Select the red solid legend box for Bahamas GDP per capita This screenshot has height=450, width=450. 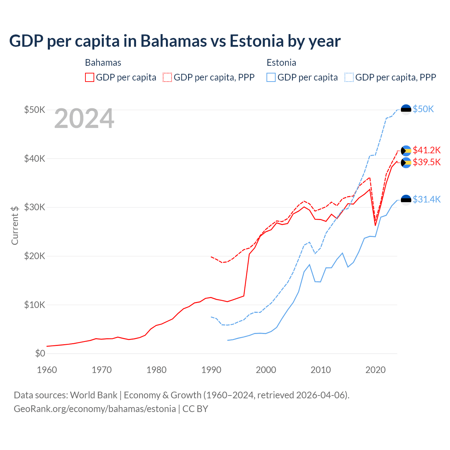pos(90,77)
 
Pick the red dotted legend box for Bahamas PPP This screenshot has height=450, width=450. pos(167,77)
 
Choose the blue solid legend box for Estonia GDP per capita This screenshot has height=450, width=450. pos(271,77)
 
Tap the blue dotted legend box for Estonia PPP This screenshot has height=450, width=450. pos(349,77)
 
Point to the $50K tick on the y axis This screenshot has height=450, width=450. pos(34,110)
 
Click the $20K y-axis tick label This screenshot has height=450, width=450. pos(34,256)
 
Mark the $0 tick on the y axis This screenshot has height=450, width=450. pos(40,353)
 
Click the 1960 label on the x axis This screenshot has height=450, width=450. pos(47,370)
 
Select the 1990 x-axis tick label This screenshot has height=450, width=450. pos(211,370)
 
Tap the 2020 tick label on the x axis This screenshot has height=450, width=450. pos(375,370)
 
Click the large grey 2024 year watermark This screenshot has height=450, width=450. pos(84,119)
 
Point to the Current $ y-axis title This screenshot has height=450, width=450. pos(15,225)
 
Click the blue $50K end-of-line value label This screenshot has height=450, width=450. pos(423,109)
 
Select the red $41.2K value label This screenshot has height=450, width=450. pos(426,150)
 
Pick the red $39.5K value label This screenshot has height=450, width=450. pos(426,162)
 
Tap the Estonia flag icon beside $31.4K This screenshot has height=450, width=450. pos(406,200)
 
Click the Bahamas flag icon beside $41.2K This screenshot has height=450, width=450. pos(406,151)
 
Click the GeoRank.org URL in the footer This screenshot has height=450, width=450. pos(95,409)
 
